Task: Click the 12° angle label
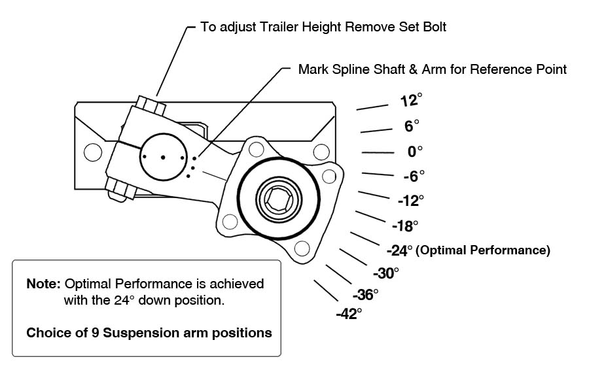[411, 100]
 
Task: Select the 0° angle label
[415, 152]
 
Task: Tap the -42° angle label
[349, 314]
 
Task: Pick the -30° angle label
[385, 273]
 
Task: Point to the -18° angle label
[405, 226]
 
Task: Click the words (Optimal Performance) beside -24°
[483, 250]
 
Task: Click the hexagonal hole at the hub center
[279, 198]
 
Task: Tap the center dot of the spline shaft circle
[163, 157]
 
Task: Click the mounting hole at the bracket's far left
[93, 152]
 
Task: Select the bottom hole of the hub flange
[302, 248]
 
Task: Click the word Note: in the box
[43, 284]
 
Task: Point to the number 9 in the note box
[96, 333]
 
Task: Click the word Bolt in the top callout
[435, 27]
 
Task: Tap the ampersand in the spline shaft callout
[413, 69]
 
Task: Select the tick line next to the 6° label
[376, 131]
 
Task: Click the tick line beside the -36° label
[339, 274]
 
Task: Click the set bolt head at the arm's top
[151, 105]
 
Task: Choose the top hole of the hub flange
[256, 149]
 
